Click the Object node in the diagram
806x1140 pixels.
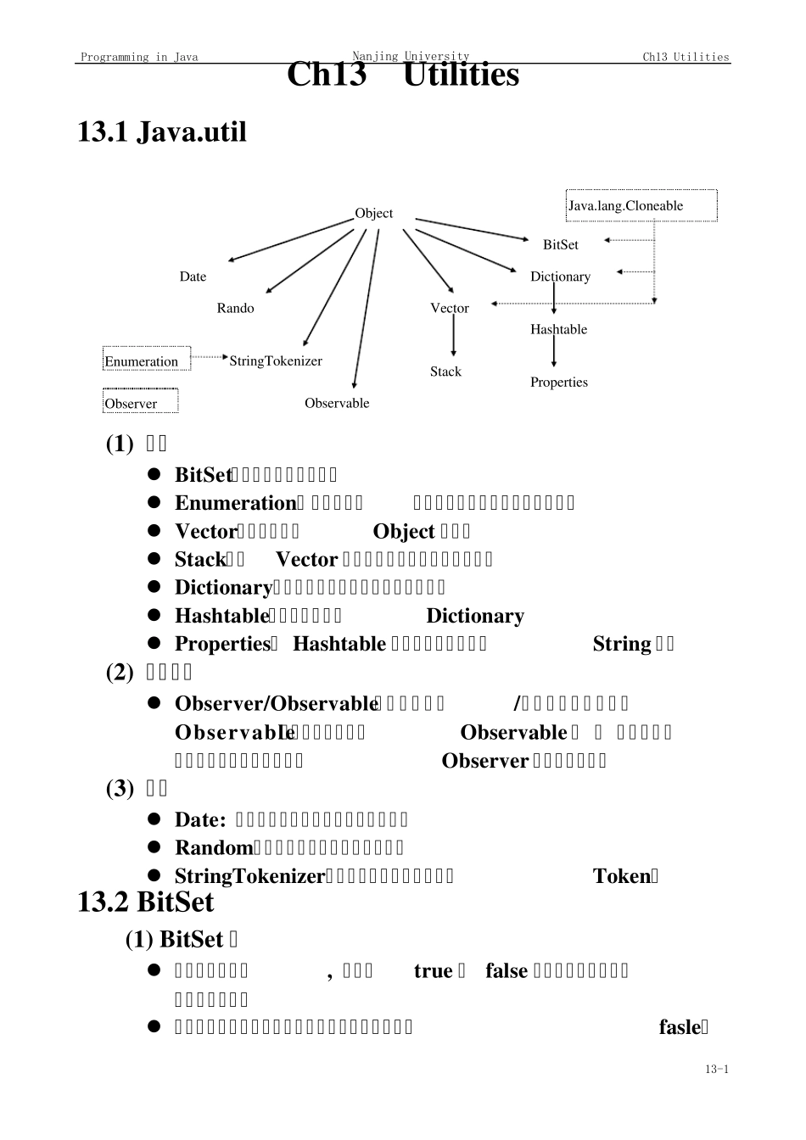click(373, 213)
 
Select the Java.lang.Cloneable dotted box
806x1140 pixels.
click(641, 205)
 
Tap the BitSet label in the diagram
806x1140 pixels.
click(560, 244)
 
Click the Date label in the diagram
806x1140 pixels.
click(193, 277)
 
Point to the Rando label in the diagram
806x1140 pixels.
click(235, 308)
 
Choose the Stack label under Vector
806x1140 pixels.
click(445, 372)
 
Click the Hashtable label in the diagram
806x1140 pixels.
click(558, 329)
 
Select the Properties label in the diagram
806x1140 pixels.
click(558, 382)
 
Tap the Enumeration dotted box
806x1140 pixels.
click(146, 360)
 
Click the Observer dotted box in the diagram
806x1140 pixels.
click(141, 402)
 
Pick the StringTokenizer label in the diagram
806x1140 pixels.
click(276, 360)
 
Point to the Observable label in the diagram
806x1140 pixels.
click(337, 403)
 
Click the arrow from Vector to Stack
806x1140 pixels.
click(454, 338)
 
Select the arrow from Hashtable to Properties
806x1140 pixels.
click(554, 352)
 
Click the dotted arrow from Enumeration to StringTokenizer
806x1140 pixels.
click(209, 358)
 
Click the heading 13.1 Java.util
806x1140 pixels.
click(162, 132)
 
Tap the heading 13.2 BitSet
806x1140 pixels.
click(145, 902)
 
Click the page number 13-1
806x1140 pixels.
click(716, 1069)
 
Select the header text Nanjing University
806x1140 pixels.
click(411, 56)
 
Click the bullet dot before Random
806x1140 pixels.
click(154, 847)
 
